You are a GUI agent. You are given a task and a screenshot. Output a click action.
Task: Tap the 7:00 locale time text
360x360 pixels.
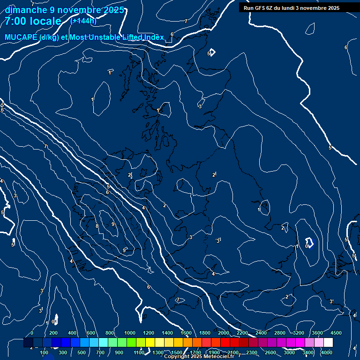click(33, 21)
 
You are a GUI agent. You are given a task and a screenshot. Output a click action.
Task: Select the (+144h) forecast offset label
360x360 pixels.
click(83, 21)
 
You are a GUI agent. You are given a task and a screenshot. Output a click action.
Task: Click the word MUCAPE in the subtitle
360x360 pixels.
click(22, 37)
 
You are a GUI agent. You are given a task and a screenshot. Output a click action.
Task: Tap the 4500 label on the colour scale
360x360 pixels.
click(336, 333)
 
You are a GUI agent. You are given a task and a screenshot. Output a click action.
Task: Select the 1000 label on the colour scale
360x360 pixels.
click(129, 333)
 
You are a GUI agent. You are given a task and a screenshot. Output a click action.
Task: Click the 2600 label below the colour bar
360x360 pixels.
click(270, 352)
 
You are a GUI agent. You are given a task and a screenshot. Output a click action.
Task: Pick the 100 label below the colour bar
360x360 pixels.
click(45, 352)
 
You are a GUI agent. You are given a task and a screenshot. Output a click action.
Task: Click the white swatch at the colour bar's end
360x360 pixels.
click(328, 343)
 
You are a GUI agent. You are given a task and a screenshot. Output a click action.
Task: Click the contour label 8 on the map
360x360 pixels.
click(97, 226)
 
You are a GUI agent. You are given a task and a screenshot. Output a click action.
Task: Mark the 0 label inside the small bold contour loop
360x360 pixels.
click(307, 246)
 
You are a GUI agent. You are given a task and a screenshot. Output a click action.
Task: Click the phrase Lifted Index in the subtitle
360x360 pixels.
click(142, 37)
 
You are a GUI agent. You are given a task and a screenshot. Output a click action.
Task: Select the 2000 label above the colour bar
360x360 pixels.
click(224, 333)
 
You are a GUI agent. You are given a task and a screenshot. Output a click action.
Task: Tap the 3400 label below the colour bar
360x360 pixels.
click(308, 352)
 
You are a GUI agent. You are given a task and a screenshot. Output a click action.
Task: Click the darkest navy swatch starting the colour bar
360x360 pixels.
click(28, 343)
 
